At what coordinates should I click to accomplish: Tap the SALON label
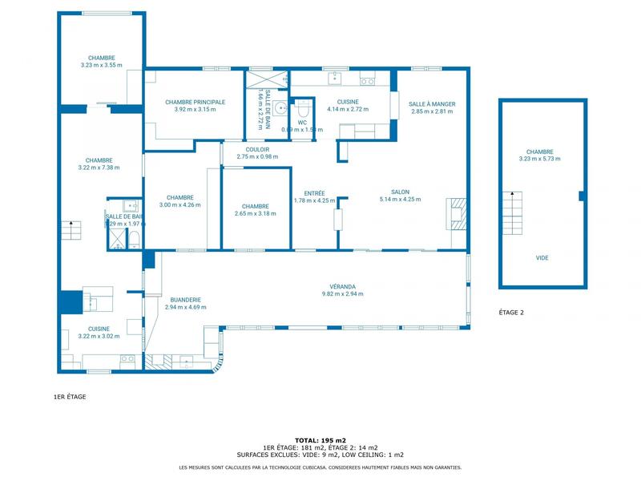pos(400,192)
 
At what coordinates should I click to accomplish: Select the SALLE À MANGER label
pos(432,103)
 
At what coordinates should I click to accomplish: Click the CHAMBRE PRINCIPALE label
pos(195,102)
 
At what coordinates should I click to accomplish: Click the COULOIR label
pos(258,149)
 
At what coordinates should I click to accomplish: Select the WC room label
pos(302,122)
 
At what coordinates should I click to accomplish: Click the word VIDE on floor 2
pos(542,258)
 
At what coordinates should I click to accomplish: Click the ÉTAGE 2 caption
pos(511,313)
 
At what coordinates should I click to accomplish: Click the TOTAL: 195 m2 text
pos(320,440)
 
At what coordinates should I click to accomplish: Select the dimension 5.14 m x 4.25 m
pos(400,200)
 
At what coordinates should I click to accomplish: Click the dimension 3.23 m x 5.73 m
pos(539,159)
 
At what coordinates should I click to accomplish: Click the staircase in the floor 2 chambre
pos(512,212)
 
